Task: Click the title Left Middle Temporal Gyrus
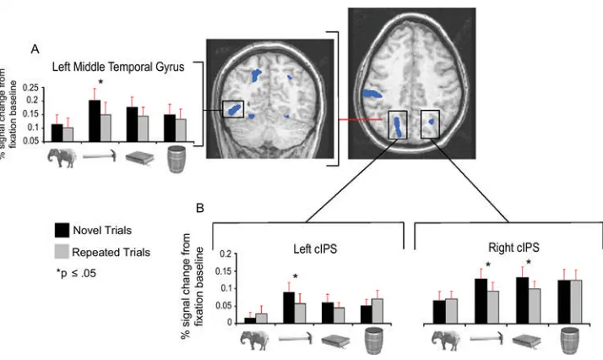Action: (x=118, y=67)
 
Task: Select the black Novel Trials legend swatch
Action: (x=62, y=230)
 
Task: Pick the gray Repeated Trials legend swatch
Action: (x=62, y=252)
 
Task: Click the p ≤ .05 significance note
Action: (x=76, y=274)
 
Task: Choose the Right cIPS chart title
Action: (x=513, y=248)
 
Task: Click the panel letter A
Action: (x=35, y=49)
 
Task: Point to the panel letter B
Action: (x=200, y=208)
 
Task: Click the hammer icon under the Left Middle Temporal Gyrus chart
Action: (x=100, y=155)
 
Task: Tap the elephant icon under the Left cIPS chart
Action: (x=254, y=340)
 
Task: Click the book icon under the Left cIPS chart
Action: (x=335, y=341)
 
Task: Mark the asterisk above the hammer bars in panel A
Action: (x=100, y=82)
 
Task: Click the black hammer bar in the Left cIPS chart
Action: (x=289, y=308)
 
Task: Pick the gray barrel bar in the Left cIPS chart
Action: (x=378, y=311)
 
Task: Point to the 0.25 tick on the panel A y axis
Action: (x=30, y=88)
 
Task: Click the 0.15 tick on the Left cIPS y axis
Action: (x=224, y=271)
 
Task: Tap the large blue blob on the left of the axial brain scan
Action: (x=372, y=93)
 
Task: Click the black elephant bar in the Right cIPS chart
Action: (x=439, y=312)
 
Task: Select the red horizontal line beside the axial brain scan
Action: (x=361, y=120)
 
